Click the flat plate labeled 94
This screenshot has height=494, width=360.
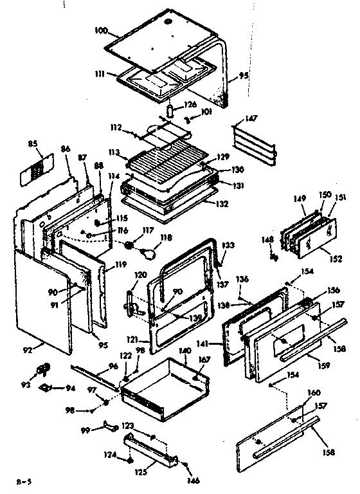47,389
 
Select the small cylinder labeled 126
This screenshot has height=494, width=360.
170,111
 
